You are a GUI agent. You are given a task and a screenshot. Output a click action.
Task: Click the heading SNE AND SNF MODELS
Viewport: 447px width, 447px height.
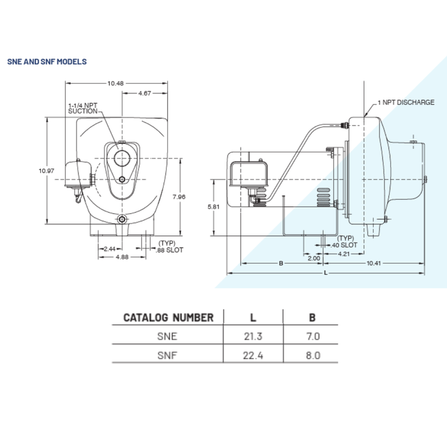47,62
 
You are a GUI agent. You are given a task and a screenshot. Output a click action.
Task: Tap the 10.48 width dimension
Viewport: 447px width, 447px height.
115,83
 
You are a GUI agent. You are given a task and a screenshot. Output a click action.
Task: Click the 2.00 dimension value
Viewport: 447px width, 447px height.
314,258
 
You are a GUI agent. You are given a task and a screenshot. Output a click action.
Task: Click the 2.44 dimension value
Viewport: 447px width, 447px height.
109,248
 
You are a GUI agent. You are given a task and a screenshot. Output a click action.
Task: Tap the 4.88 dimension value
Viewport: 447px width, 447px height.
121,257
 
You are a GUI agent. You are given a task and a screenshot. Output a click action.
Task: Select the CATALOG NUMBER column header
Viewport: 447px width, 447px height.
168,317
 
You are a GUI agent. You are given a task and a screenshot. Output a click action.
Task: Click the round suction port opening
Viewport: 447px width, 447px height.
121,156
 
